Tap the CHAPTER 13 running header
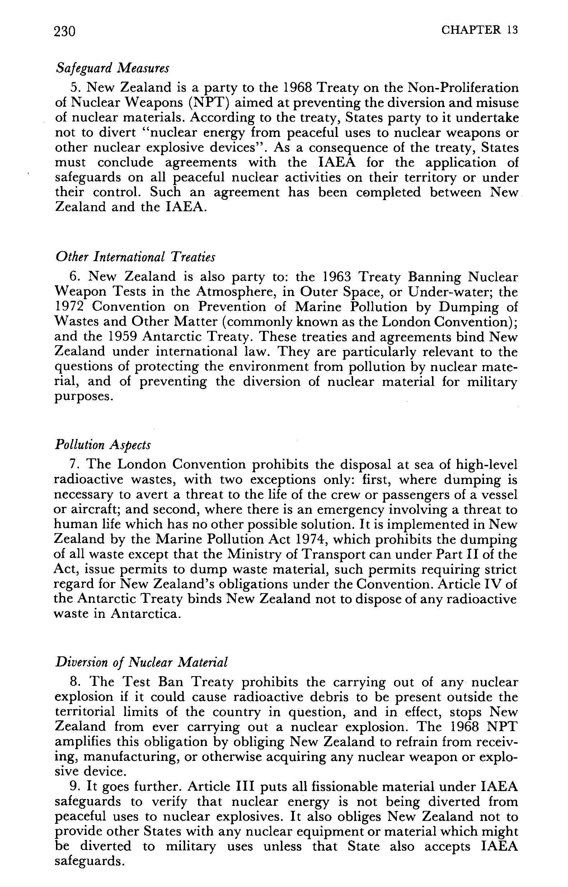(x=479, y=30)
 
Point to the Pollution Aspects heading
(x=103, y=445)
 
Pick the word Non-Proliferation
(x=463, y=88)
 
